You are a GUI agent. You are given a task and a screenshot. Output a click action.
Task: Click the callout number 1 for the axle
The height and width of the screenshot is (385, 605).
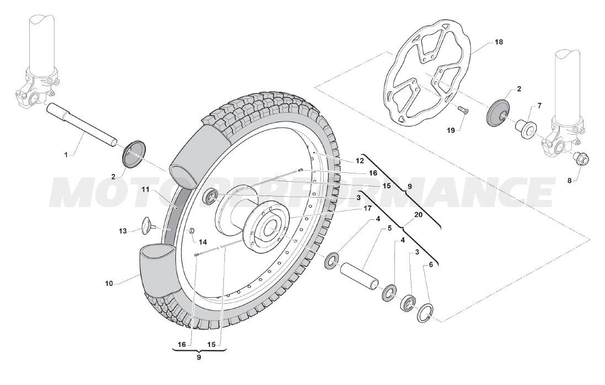tap(66, 155)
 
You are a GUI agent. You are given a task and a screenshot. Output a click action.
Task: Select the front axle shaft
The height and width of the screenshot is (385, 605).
tap(82, 125)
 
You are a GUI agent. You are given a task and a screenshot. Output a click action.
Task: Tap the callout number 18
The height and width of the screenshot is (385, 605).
tap(499, 42)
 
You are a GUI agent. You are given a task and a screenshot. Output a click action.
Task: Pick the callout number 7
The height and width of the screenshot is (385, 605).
tap(539, 105)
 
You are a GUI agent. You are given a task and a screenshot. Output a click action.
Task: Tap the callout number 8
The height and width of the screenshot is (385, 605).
tap(569, 180)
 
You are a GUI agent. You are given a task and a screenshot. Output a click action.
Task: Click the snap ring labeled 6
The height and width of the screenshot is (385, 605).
tap(425, 313)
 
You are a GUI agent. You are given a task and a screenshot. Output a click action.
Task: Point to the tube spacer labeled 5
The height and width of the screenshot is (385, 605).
tap(360, 275)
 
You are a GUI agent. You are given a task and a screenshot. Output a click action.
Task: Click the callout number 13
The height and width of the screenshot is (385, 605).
tap(122, 231)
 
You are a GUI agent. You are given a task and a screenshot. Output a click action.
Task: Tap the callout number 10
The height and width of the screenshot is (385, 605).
tap(109, 283)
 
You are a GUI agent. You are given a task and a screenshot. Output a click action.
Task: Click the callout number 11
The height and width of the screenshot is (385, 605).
tap(145, 189)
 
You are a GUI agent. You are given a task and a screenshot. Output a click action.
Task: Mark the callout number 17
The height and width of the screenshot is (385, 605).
tap(367, 208)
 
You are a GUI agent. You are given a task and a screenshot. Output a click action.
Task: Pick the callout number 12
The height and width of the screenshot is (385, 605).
tap(360, 160)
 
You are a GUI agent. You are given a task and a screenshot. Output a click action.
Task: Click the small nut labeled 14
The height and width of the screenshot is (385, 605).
tap(191, 231)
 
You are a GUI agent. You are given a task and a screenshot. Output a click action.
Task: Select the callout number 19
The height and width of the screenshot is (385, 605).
tap(451, 131)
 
